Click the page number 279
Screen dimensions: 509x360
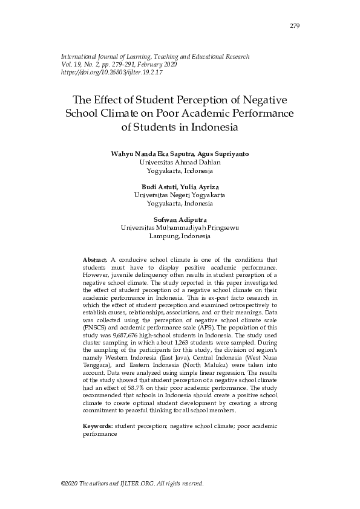295,26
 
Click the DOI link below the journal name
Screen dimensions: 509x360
112,73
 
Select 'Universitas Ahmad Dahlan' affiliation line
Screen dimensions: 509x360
180,163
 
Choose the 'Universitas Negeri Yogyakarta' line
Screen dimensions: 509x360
180,195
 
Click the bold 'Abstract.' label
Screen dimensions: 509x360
95,259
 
